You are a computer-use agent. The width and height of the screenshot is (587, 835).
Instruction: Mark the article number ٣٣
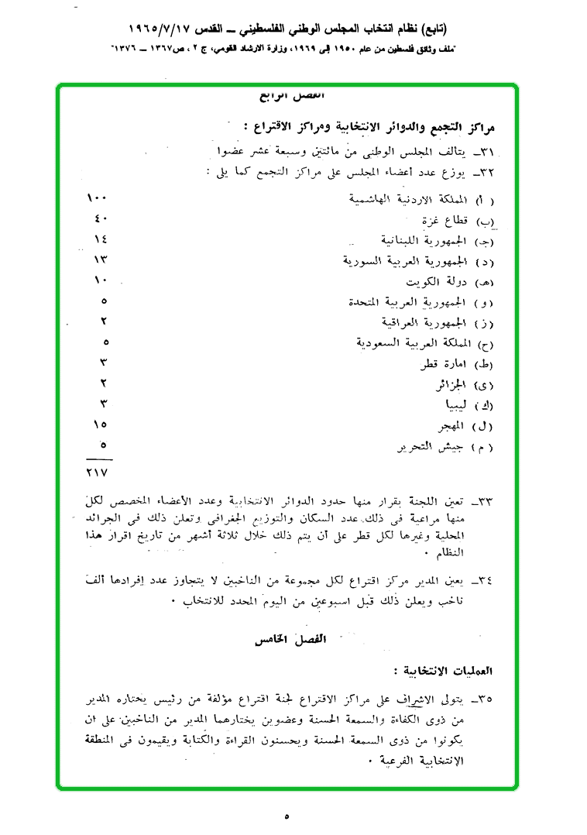(486, 502)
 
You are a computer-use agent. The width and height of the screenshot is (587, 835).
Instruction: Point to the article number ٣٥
(486, 700)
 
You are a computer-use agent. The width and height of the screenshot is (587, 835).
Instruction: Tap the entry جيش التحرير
(427, 447)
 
